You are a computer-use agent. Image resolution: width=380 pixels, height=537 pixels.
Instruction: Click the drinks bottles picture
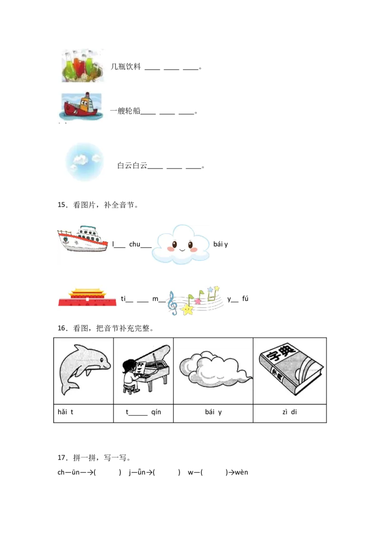[83, 66]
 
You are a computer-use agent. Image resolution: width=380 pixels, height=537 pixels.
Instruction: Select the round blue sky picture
[85, 162]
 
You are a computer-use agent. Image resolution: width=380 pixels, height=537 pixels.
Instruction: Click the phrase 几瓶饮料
[126, 66]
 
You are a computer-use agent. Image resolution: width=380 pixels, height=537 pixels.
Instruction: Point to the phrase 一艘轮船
[125, 111]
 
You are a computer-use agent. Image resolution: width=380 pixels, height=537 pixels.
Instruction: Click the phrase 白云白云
[133, 166]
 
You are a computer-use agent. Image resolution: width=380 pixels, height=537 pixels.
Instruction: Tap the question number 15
[62, 205]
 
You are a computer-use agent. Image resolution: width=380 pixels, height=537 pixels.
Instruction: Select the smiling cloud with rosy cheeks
[181, 244]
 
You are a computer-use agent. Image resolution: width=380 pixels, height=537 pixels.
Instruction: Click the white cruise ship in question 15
[82, 239]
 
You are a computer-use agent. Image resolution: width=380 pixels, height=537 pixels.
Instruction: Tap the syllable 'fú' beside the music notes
[245, 299]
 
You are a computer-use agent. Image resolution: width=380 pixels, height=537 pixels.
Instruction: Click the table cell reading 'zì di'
[289, 413]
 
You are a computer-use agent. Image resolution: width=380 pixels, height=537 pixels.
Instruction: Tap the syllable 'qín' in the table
[156, 412]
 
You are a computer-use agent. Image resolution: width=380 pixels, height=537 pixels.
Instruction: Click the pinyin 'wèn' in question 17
[241, 472]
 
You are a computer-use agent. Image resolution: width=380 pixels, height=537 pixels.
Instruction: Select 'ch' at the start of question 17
[61, 472]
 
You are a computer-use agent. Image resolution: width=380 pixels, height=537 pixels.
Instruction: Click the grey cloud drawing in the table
[215, 369]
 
